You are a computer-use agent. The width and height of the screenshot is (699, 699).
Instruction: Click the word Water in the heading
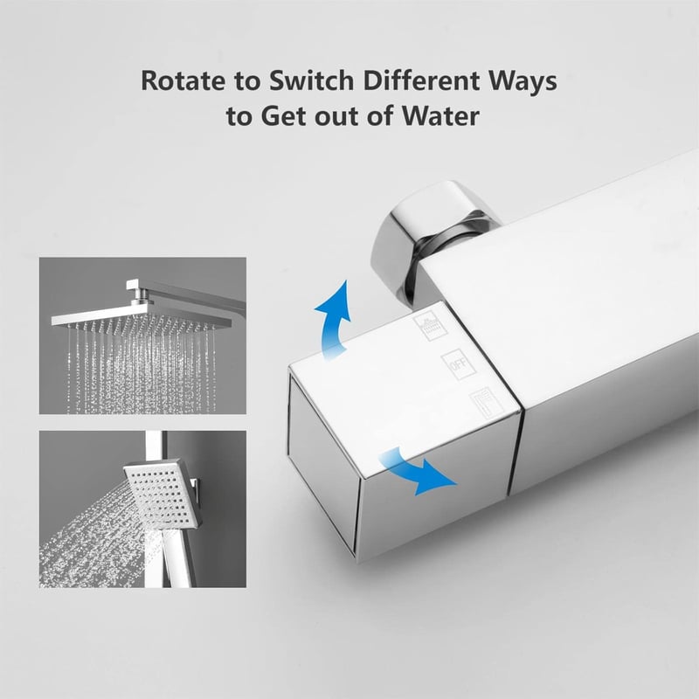click(440, 116)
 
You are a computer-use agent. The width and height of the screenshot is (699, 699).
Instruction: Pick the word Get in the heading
click(282, 116)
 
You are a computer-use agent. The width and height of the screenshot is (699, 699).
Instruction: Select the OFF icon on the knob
click(458, 364)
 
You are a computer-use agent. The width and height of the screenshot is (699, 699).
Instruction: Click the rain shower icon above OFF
click(431, 327)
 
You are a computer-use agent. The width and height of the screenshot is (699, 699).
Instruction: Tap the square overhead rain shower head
click(141, 317)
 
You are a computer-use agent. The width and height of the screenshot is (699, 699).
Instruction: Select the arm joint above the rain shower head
click(142, 294)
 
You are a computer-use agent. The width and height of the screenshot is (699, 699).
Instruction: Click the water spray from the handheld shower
click(89, 543)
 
